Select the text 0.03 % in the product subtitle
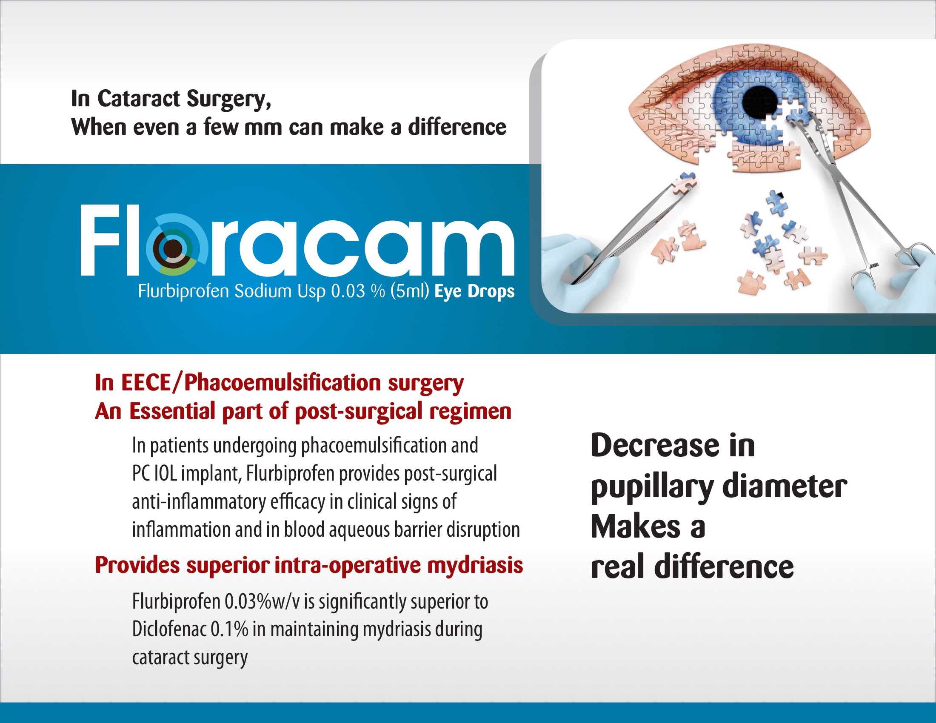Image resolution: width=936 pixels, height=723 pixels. point(358,291)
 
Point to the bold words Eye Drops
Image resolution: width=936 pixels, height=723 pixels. point(474,292)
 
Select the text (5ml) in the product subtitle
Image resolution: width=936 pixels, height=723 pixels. point(410,292)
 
